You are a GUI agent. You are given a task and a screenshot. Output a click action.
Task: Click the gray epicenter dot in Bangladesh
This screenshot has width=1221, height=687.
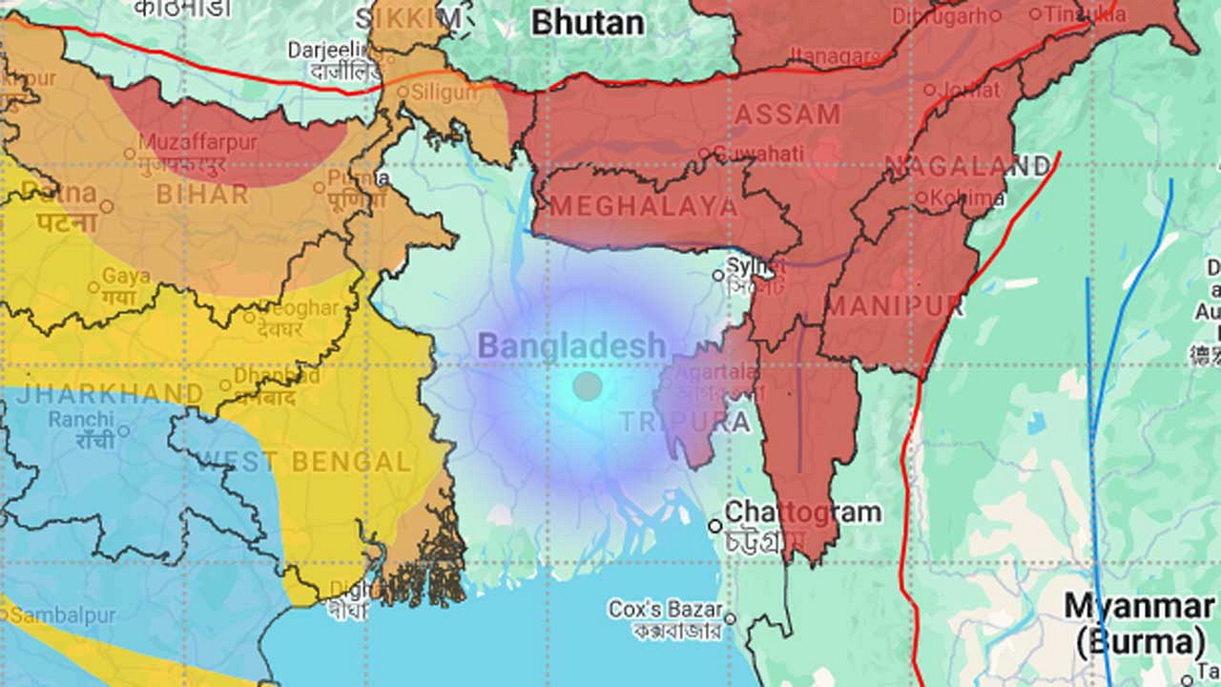588,386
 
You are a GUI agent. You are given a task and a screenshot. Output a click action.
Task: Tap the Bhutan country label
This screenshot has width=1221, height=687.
588,22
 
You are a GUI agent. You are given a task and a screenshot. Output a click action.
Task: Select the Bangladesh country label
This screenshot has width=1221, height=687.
571,346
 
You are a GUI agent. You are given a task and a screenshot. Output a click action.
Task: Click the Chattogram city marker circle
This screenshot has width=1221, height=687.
714,526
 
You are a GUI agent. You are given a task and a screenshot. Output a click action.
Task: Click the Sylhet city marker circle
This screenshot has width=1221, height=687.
718,276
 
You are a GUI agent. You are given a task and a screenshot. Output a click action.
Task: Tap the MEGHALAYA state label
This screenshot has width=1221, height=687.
643,206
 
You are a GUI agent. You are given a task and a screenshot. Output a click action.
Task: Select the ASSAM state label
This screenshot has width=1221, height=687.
787,114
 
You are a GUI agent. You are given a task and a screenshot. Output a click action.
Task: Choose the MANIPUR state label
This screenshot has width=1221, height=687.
895,306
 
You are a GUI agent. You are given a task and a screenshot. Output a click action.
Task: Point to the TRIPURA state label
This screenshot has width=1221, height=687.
684,422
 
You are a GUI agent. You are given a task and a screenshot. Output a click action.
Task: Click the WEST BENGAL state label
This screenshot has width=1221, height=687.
304,463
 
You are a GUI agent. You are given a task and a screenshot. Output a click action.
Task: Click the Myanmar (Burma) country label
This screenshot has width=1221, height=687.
1139,622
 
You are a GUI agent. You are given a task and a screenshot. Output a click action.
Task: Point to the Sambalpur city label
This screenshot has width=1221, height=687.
62,615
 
